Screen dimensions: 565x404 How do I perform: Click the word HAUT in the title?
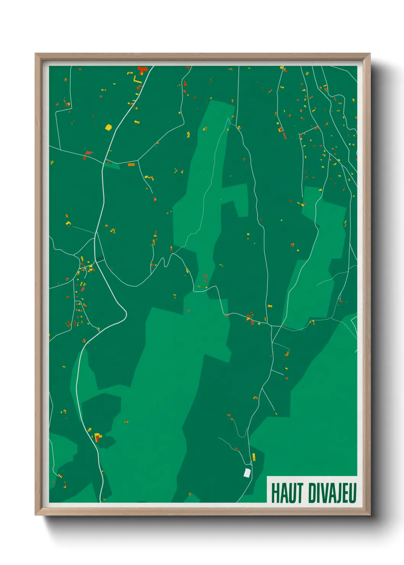(287, 493)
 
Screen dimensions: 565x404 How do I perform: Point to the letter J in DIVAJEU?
(337, 493)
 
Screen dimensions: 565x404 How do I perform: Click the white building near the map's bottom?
(247, 473)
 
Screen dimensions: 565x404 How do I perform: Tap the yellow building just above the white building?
(254, 457)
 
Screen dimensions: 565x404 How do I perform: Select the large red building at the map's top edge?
(142, 70)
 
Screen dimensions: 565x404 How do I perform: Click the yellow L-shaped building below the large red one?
(137, 81)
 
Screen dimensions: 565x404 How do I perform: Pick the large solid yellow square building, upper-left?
(108, 127)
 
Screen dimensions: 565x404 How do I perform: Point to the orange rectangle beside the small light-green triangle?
(131, 165)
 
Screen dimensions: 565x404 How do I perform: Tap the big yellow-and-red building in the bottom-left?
(98, 436)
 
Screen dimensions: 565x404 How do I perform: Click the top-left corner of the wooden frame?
(36, 54)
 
